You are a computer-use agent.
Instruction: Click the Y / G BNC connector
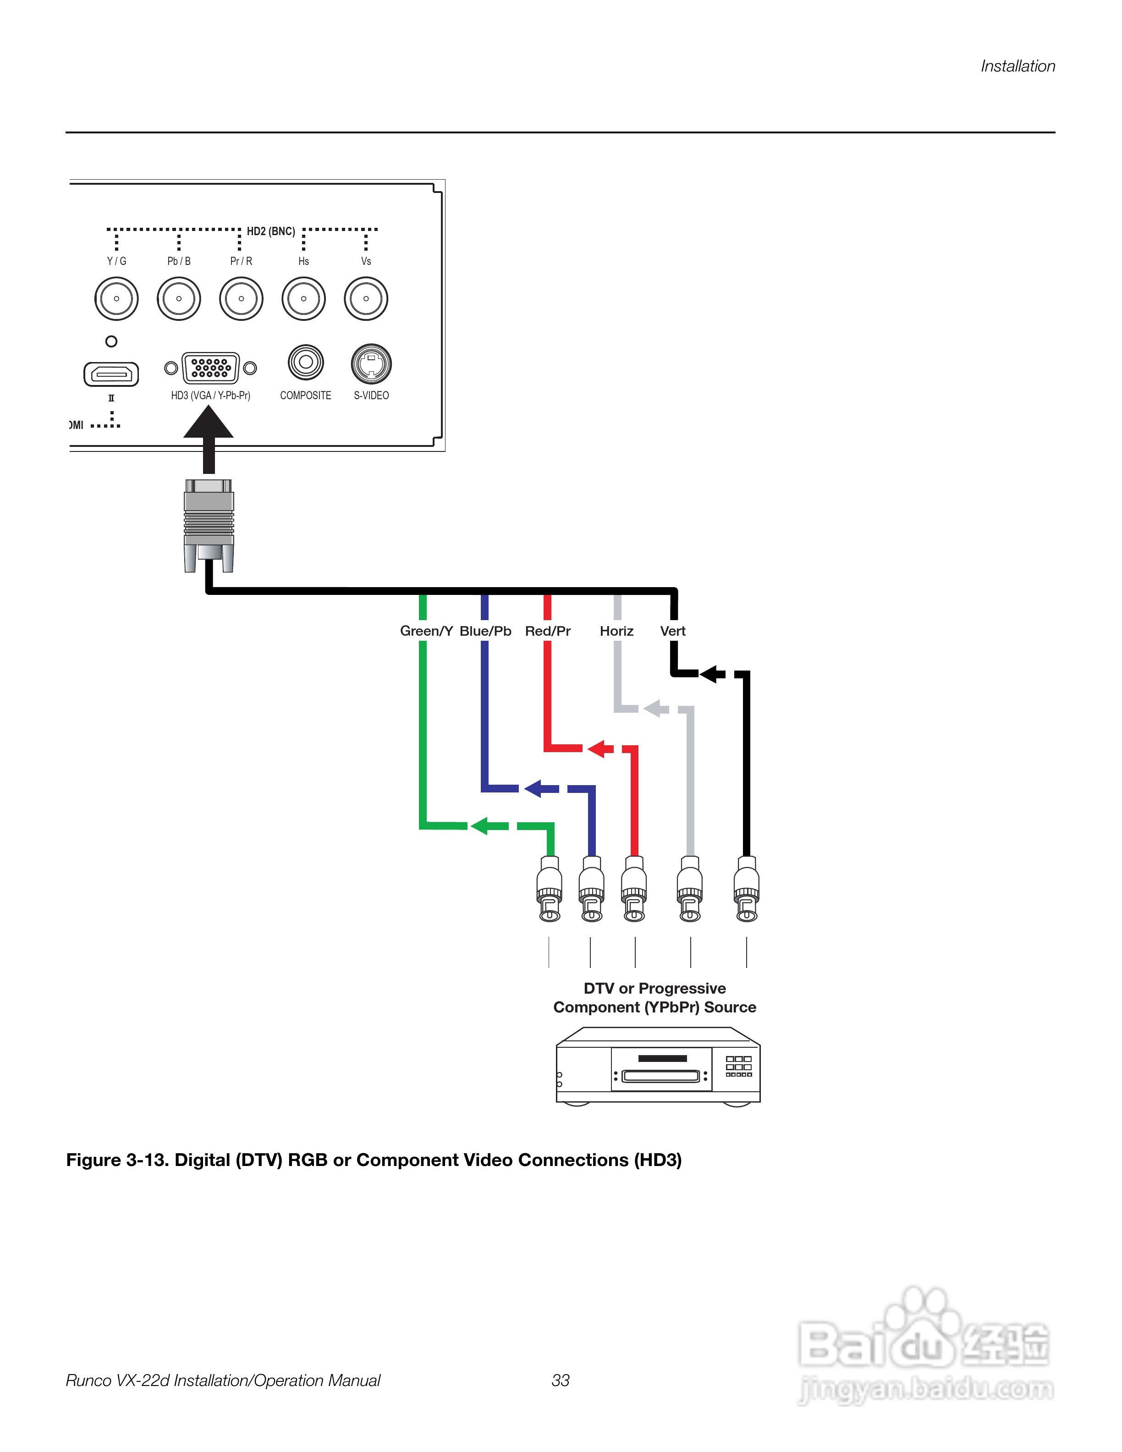116,298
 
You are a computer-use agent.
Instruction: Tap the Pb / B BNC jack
179,298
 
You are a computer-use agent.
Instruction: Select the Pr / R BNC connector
241,298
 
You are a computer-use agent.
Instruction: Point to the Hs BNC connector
304,298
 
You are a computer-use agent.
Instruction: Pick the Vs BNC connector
366,298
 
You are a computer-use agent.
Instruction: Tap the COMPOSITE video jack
306,363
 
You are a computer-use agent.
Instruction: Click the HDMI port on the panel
111,374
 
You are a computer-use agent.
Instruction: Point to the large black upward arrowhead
208,423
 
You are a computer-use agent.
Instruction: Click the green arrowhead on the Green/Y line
480,826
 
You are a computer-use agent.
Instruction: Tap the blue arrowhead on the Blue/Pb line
533,788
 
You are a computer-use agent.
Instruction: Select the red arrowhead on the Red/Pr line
596,748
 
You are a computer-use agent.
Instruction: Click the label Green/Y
426,631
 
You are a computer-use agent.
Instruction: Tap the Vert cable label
673,631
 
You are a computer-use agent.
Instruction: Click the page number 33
561,1380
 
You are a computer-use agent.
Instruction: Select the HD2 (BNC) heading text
270,231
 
